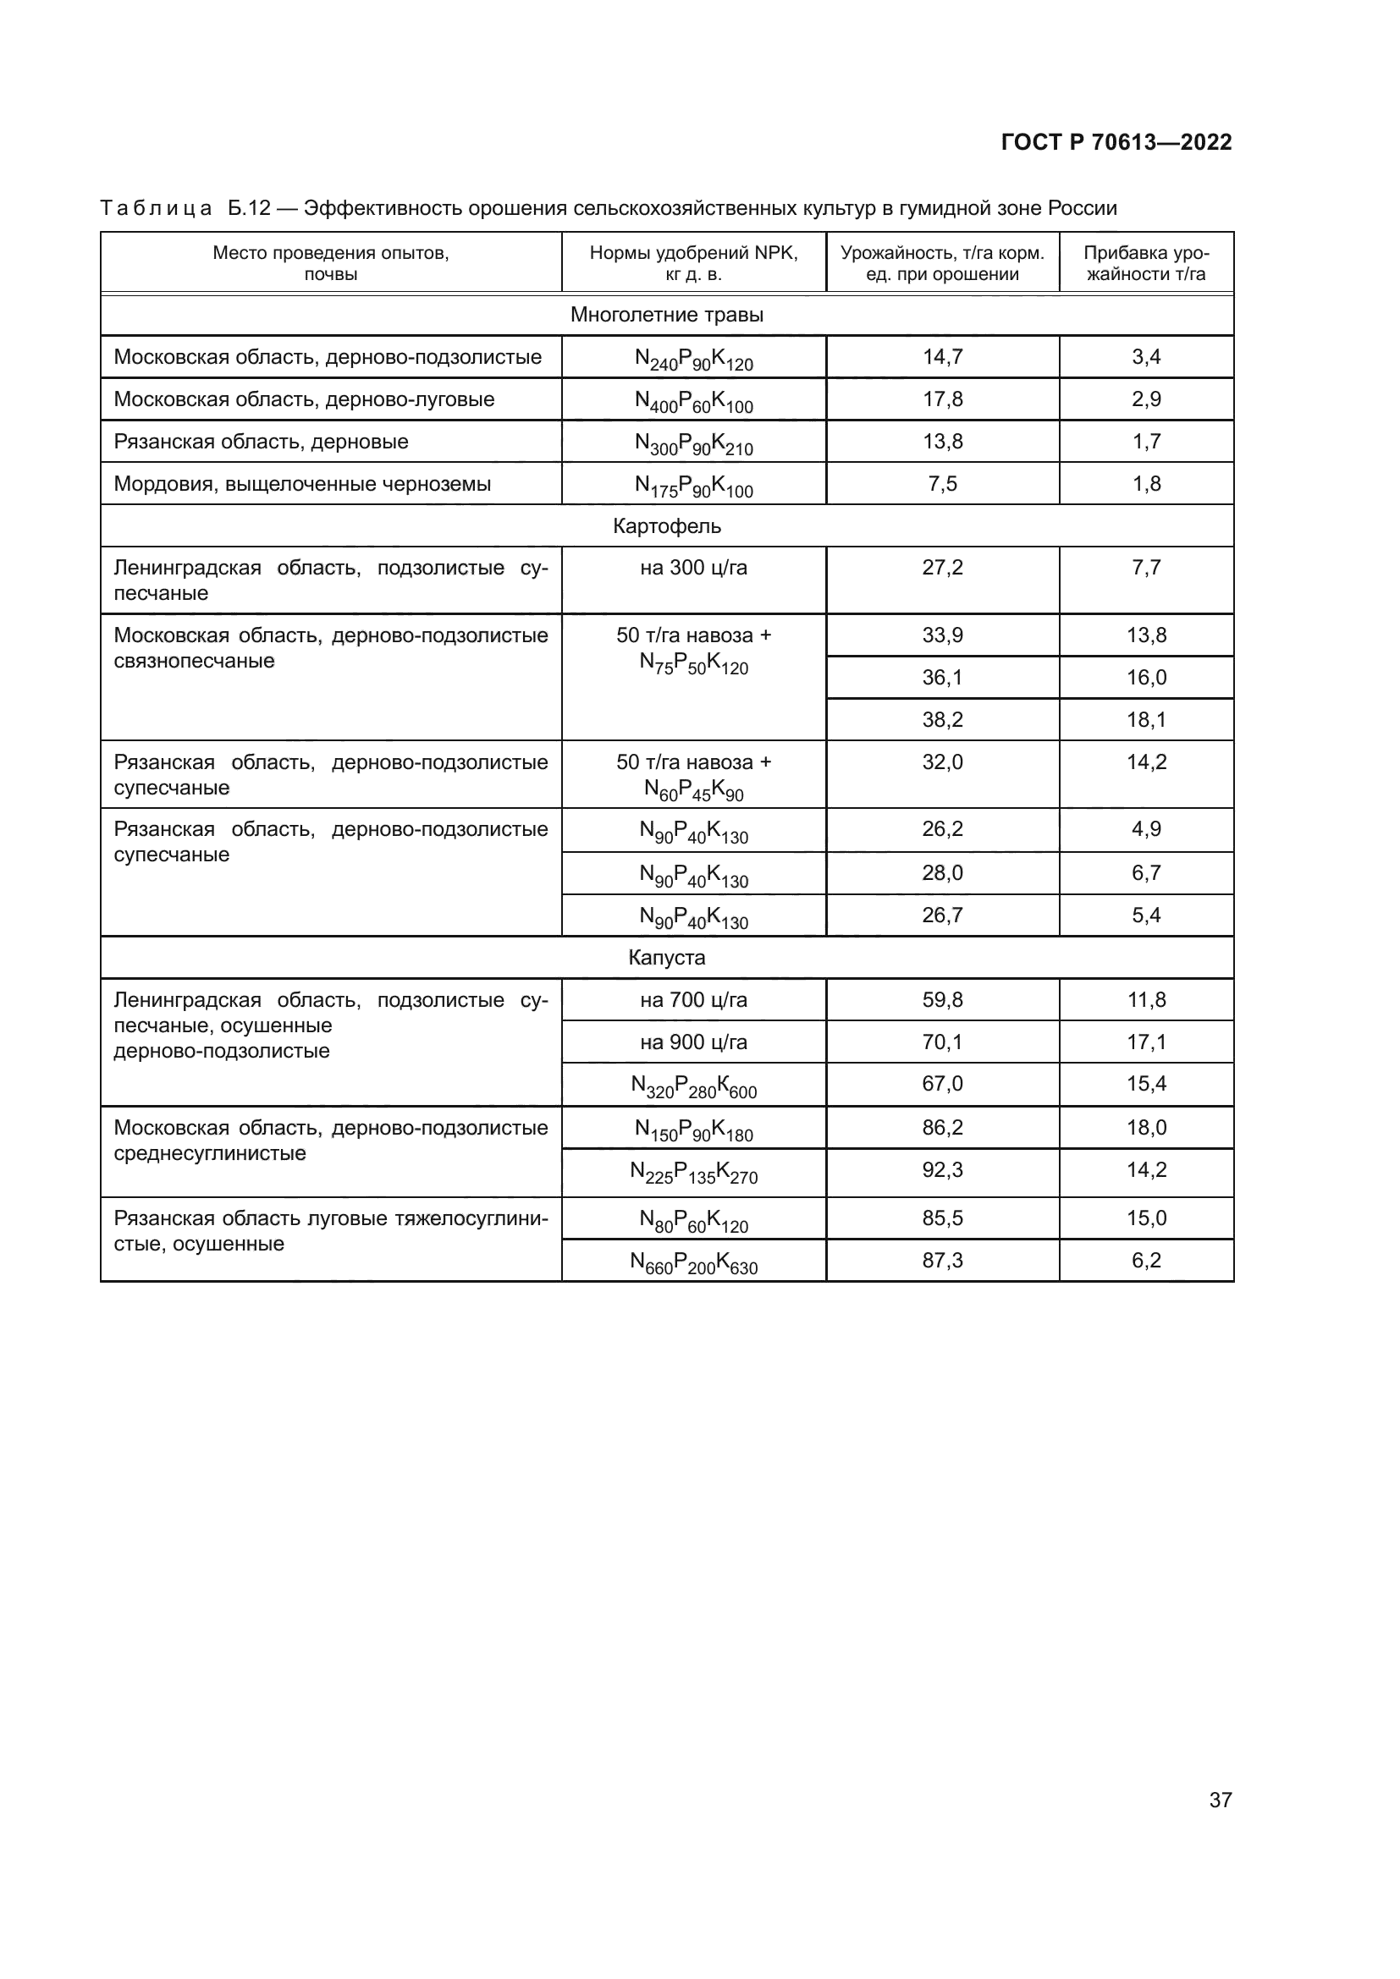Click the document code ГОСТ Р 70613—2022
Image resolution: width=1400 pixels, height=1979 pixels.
(1116, 142)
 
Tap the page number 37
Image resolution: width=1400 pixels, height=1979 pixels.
(1220, 1800)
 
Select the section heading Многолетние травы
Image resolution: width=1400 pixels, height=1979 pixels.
(666, 315)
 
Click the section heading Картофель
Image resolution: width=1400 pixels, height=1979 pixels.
(666, 525)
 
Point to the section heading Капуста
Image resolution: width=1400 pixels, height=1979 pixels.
(666, 958)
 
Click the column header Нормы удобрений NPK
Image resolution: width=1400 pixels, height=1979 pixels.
(693, 263)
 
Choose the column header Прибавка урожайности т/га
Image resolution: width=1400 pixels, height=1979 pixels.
(1146, 263)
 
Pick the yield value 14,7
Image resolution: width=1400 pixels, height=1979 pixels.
(942, 357)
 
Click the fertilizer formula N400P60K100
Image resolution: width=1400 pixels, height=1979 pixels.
(693, 401)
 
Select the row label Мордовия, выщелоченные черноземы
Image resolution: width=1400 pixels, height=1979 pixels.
(301, 484)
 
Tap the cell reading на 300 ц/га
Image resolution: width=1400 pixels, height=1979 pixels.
(693, 568)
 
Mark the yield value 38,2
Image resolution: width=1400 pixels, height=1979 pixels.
(942, 720)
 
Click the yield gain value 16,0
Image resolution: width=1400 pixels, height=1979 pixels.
(1146, 678)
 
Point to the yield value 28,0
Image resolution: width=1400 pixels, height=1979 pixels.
(942, 873)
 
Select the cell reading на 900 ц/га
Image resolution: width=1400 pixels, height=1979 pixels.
(693, 1042)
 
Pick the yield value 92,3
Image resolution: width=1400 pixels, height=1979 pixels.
(942, 1169)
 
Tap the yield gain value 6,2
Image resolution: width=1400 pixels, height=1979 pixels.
(1146, 1260)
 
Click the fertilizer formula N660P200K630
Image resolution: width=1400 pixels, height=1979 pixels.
(693, 1262)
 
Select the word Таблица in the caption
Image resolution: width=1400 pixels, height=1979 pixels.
(156, 209)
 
